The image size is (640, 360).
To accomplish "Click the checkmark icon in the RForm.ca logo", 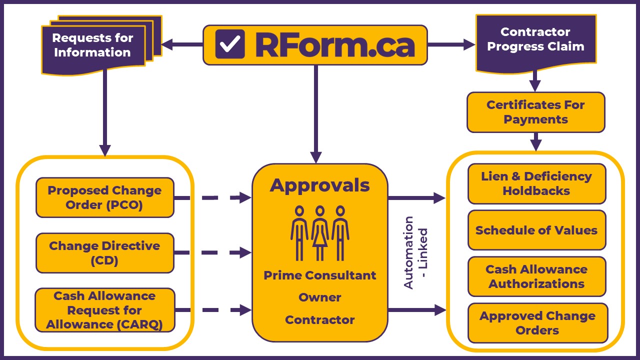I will click(x=230, y=44).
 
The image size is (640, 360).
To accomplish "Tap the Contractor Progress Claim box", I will click(x=535, y=40).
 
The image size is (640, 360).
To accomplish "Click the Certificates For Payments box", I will click(x=535, y=112).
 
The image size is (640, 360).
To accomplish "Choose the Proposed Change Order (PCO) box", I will click(x=105, y=197).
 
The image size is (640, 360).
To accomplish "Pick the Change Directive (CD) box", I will click(x=105, y=253).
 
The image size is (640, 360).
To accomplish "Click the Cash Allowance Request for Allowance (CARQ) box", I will click(x=105, y=310).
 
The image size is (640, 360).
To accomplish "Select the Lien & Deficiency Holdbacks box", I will click(x=536, y=183).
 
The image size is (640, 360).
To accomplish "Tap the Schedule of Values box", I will click(x=536, y=230).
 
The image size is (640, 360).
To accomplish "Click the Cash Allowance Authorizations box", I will click(x=536, y=276).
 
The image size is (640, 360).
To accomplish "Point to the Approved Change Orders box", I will click(x=537, y=323).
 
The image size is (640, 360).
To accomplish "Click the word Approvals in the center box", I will click(x=320, y=185).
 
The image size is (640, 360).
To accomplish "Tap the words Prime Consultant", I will click(x=320, y=275).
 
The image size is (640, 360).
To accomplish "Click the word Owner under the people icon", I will click(x=320, y=297).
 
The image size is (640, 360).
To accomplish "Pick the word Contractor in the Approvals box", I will click(x=320, y=320).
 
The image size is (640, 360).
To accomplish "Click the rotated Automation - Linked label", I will click(x=415, y=252).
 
